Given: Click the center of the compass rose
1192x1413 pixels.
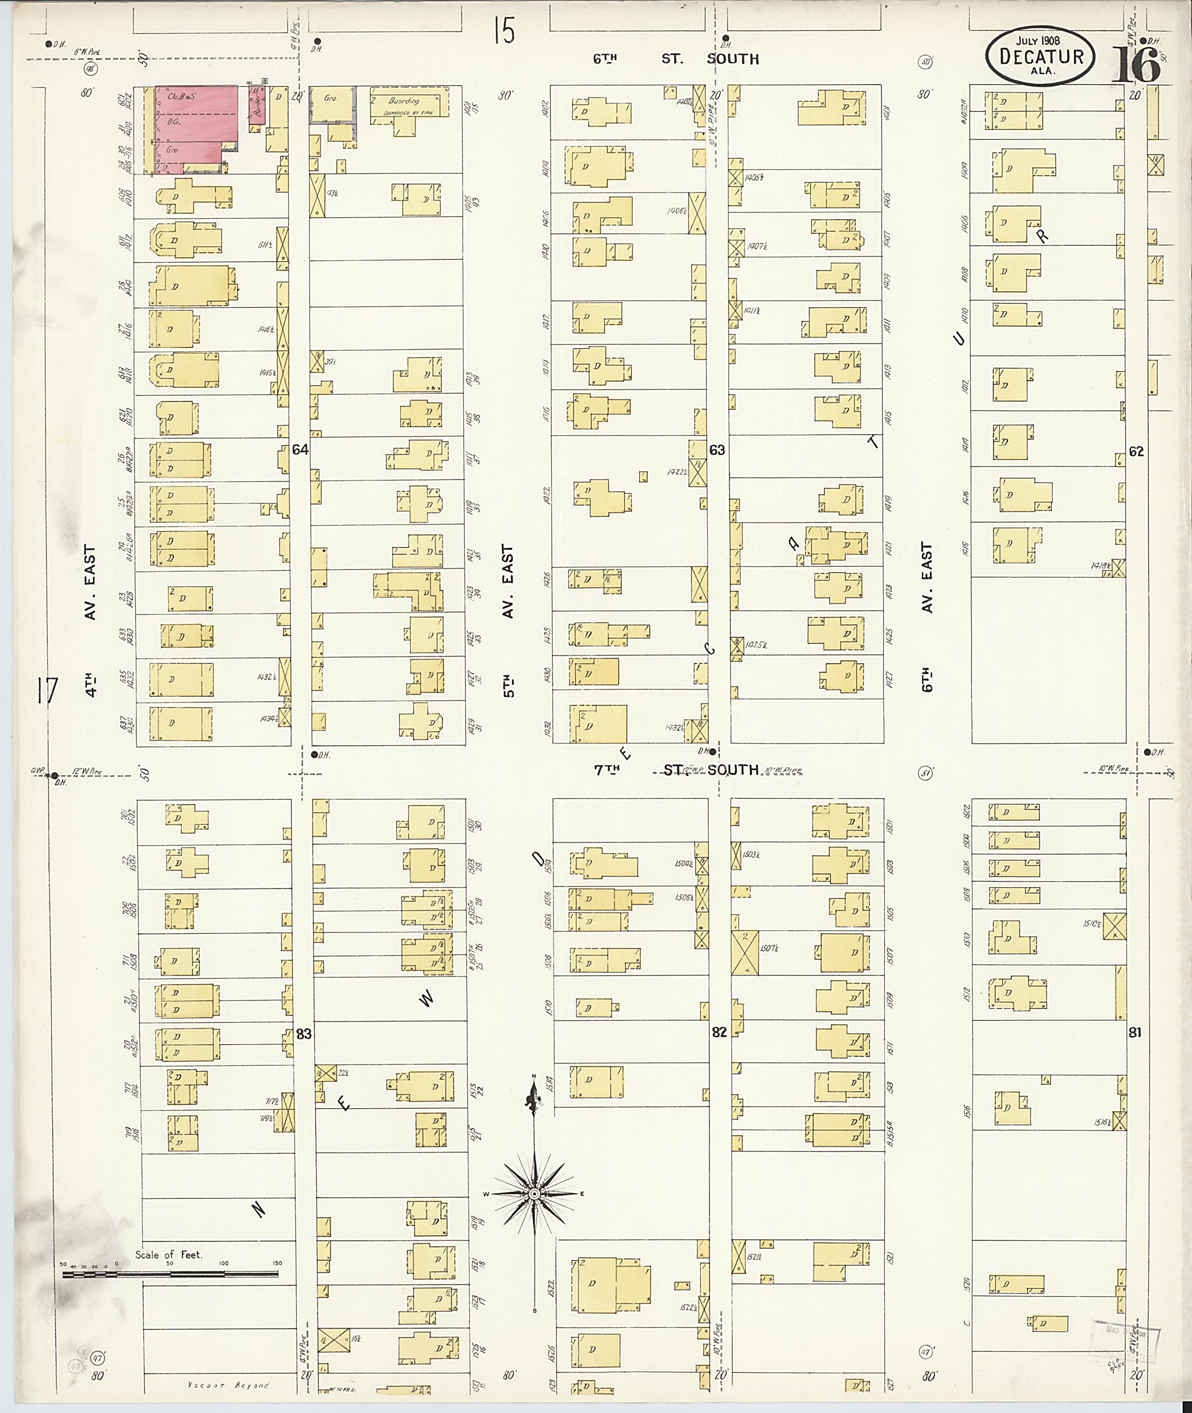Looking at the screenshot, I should click(x=534, y=1194).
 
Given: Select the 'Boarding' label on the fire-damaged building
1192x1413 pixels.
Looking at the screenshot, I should click(x=403, y=101).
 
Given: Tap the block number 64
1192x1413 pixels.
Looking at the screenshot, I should click(x=300, y=449).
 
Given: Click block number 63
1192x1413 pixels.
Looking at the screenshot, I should click(x=717, y=449).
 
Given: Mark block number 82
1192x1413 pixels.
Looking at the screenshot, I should click(x=719, y=1032).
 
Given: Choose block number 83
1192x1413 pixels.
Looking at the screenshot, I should click(x=304, y=1033).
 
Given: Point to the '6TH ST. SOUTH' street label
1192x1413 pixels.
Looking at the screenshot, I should click(x=676, y=59).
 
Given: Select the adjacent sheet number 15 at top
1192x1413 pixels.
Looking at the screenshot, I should click(x=503, y=30).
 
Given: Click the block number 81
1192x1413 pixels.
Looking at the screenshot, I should click(x=1134, y=1032).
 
